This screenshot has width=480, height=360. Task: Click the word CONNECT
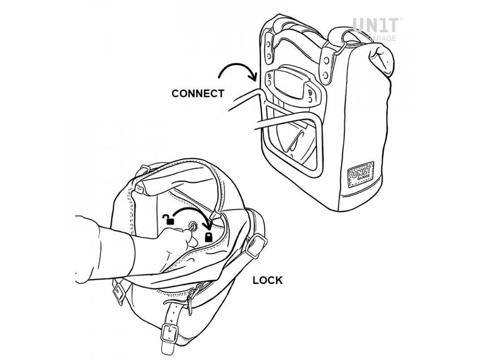click(x=198, y=93)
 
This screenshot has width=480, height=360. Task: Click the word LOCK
click(x=268, y=281)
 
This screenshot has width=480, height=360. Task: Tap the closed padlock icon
click(x=208, y=236)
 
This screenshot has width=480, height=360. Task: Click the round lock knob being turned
click(x=193, y=226)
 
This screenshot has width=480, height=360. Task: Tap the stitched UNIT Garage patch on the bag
click(x=360, y=175)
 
